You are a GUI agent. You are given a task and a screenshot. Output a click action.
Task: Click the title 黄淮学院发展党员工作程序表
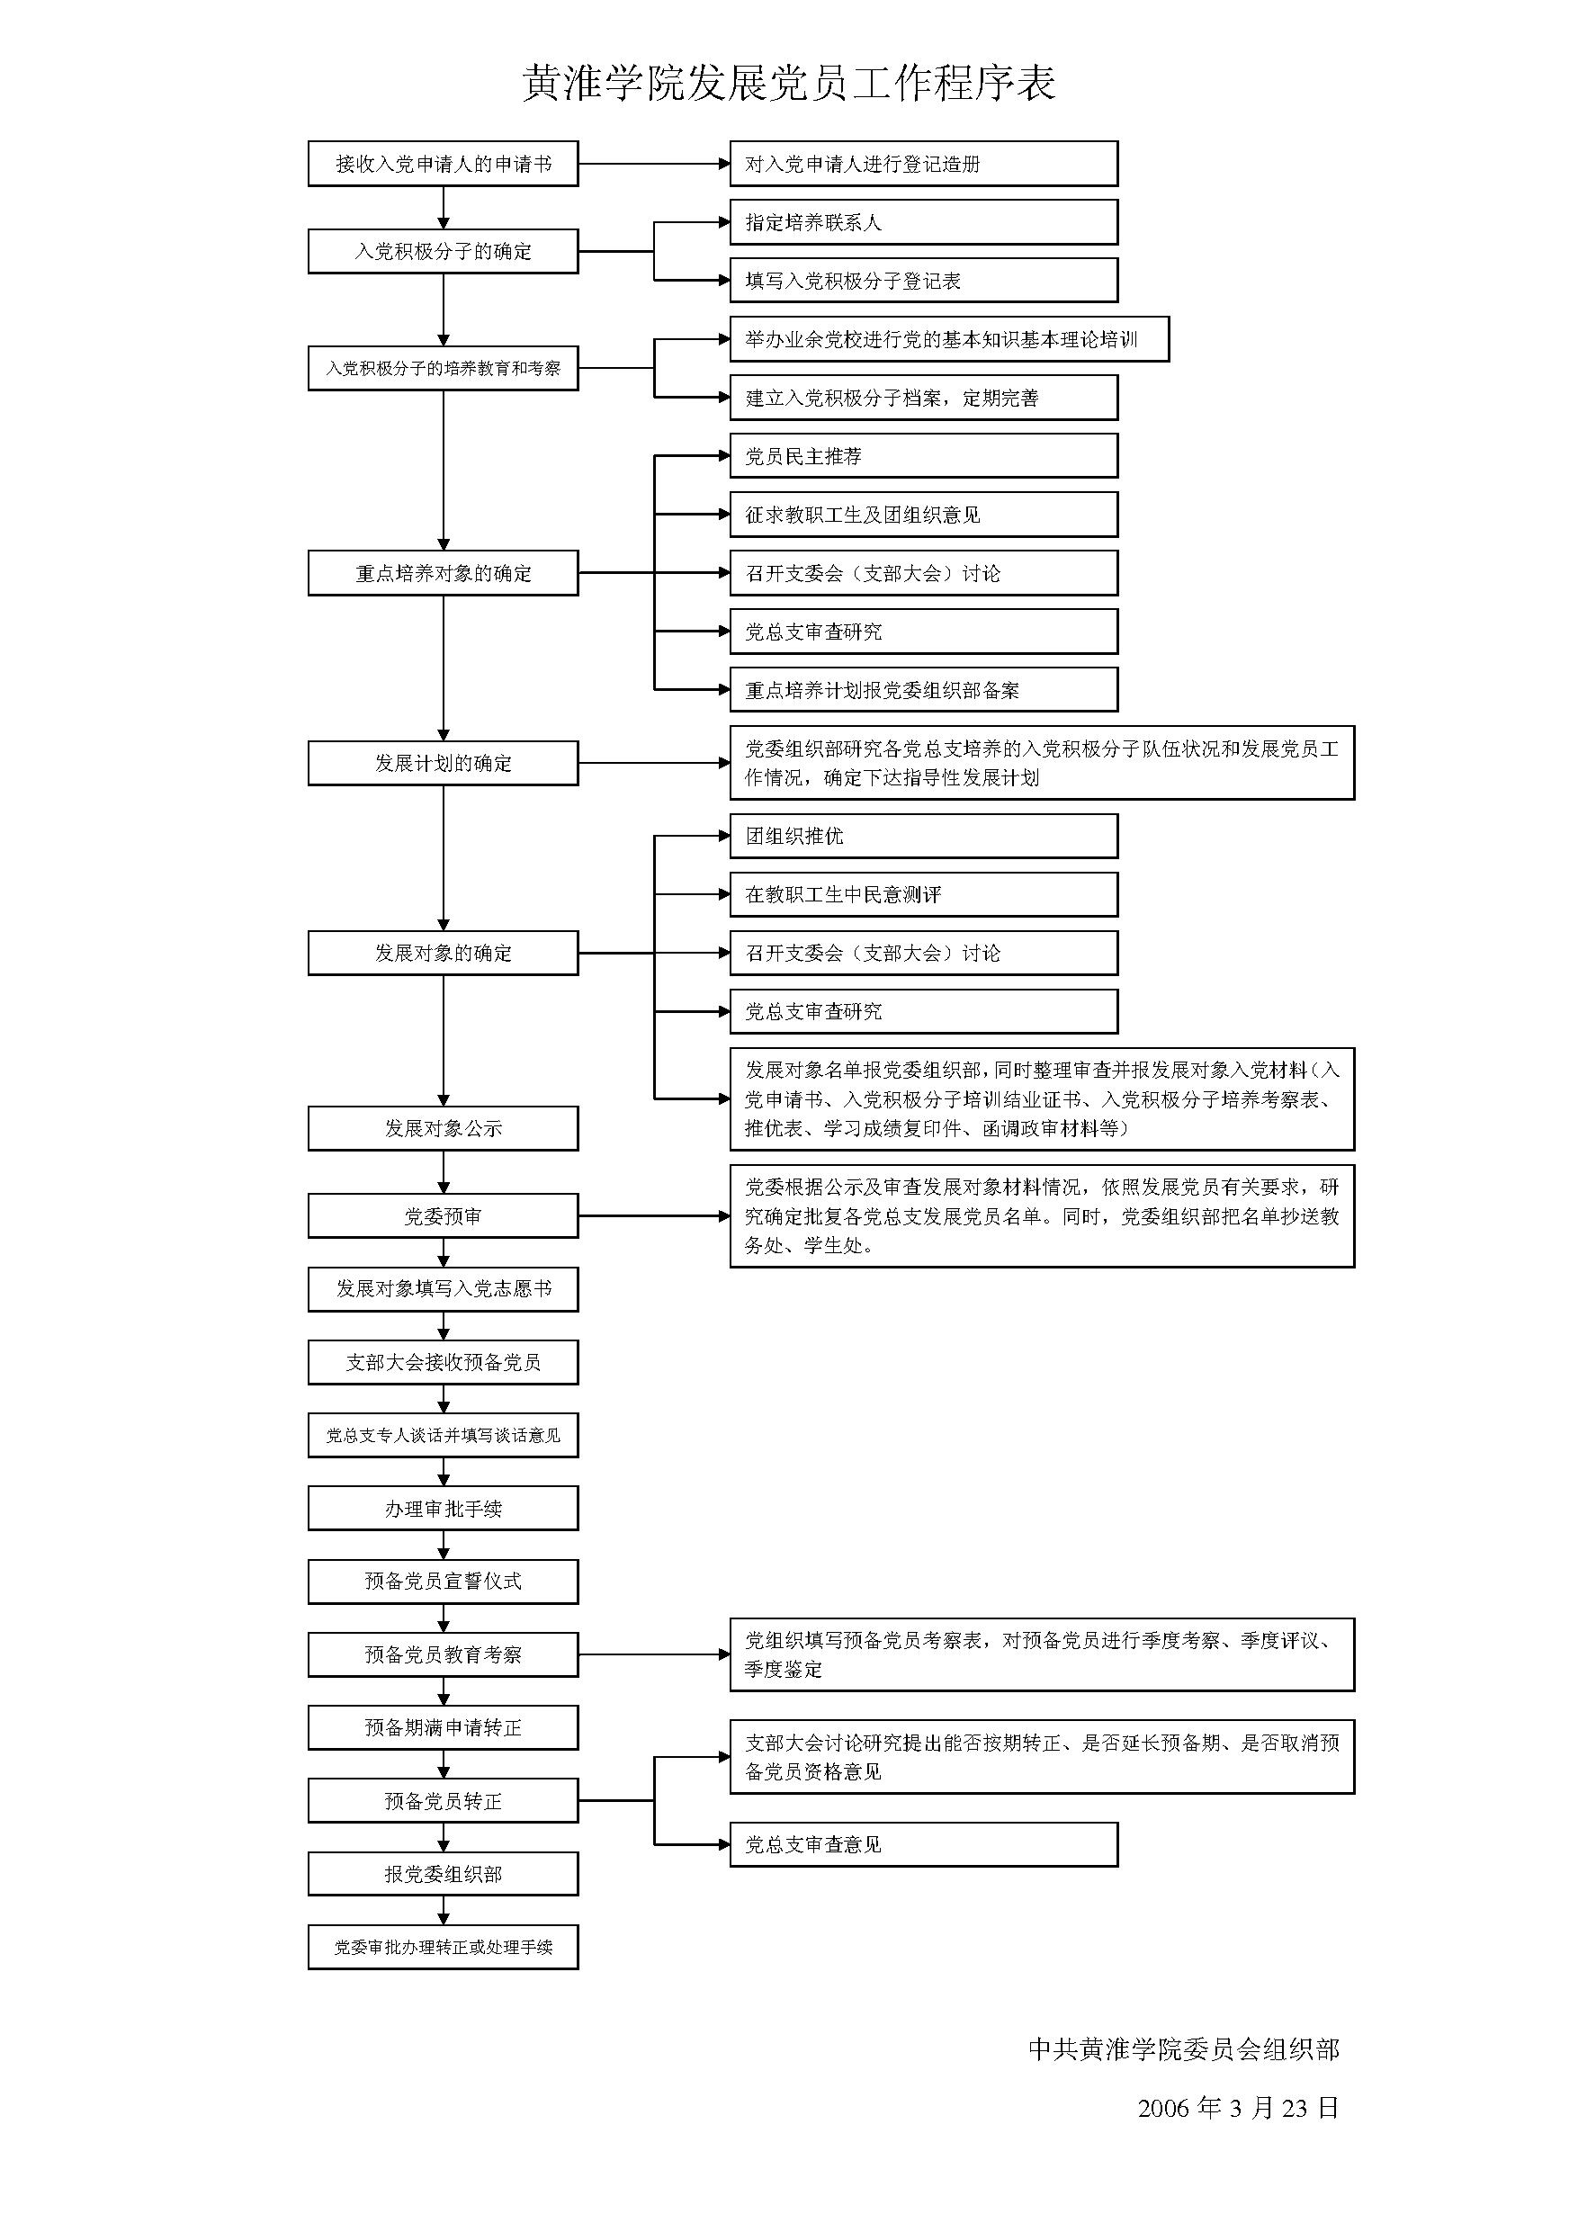pyautogui.click(x=788, y=84)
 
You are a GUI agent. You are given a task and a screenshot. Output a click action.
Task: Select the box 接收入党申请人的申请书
pyautogui.click(x=444, y=165)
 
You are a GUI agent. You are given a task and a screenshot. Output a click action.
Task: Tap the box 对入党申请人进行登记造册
pyautogui.click(x=924, y=165)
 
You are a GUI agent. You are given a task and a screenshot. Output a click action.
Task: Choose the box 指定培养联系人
pyautogui.click(x=924, y=222)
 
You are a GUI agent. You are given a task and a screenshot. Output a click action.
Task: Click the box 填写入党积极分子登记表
pyautogui.click(x=924, y=281)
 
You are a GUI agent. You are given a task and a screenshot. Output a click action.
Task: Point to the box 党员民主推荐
pyautogui.click(x=924, y=456)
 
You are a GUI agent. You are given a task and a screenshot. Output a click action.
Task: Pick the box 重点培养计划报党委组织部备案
pyautogui.click(x=924, y=690)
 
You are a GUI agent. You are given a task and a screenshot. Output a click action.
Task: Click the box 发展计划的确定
pyautogui.click(x=444, y=763)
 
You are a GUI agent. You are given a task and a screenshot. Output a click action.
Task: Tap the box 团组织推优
pyautogui.click(x=924, y=836)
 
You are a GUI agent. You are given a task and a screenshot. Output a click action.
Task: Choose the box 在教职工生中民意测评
pyautogui.click(x=924, y=894)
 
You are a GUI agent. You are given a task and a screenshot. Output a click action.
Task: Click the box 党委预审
pyautogui.click(x=444, y=1216)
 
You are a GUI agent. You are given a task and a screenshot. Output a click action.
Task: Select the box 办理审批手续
pyautogui.click(x=444, y=1509)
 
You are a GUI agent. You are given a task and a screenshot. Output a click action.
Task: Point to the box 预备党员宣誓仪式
pyautogui.click(x=444, y=1582)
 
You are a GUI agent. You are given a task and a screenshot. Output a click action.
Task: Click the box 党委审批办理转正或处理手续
pyautogui.click(x=444, y=1947)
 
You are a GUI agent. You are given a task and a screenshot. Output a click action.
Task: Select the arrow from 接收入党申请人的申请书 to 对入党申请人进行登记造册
pyautogui.click(x=654, y=165)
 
